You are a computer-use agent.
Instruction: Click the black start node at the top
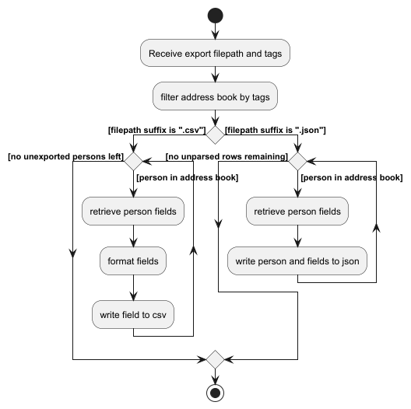pyautogui.click(x=215, y=15)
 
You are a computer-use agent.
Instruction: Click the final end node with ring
pyautogui.click(x=215, y=393)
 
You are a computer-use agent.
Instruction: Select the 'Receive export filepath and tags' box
pyautogui.click(x=215, y=54)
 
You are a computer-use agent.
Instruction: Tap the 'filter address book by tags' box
pyautogui.click(x=215, y=96)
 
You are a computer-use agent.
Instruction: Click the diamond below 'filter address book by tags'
pyautogui.click(x=215, y=134)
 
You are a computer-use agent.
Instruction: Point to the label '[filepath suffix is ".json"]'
pyautogui.click(x=275, y=130)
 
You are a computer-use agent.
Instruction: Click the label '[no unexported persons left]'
pyautogui.click(x=65, y=156)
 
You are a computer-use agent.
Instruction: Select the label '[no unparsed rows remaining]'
pyautogui.click(x=227, y=156)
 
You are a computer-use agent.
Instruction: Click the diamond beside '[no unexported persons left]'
pyautogui.click(x=133, y=162)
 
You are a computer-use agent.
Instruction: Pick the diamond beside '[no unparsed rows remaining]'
pyautogui.click(x=297, y=162)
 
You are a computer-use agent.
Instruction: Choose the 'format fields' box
pyautogui.click(x=133, y=261)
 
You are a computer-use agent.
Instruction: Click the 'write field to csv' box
pyautogui.click(x=133, y=314)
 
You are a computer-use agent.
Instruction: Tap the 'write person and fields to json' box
pyautogui.click(x=297, y=261)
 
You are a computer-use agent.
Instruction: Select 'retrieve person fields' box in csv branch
pyautogui.click(x=133, y=211)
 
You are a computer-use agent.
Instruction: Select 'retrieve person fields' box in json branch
pyautogui.click(x=297, y=211)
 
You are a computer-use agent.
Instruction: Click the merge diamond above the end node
pyautogui.click(x=215, y=360)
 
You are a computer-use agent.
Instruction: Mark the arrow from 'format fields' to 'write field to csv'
pyautogui.click(x=133, y=288)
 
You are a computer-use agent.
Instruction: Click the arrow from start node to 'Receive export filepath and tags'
pyautogui.click(x=215, y=31)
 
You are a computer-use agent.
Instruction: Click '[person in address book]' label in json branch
pyautogui.click(x=351, y=178)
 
